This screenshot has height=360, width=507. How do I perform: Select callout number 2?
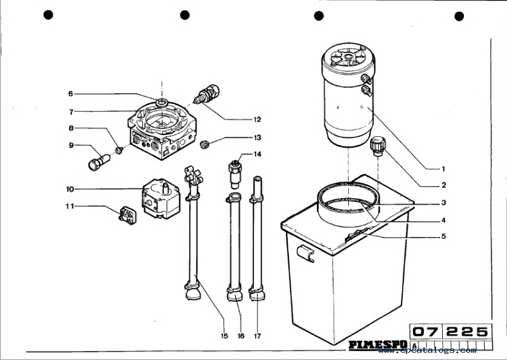(443, 185)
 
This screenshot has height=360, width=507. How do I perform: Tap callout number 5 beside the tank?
(443, 236)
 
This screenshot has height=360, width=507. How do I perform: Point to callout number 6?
(70, 94)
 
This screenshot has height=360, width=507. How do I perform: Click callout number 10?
(70, 189)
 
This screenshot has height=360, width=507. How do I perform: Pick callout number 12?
(257, 119)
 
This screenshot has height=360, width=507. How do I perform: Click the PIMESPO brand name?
(377, 345)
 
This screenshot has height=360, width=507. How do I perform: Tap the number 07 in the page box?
(426, 332)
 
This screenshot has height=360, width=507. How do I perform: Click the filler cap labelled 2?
(377, 146)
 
